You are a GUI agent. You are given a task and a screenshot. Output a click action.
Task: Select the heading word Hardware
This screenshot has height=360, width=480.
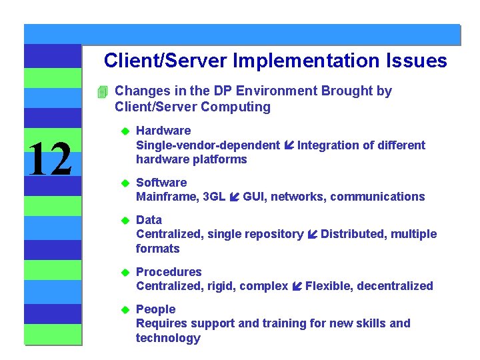click(163, 131)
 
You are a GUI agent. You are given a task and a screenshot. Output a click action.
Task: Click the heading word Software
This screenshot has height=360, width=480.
click(161, 183)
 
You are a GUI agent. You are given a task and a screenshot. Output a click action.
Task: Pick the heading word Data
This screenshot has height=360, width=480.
click(149, 220)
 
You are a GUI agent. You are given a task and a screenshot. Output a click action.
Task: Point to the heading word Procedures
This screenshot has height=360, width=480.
click(169, 272)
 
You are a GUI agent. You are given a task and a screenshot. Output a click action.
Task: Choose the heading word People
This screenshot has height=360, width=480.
click(155, 309)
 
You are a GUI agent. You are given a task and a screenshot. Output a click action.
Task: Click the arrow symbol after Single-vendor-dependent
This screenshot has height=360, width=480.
click(289, 145)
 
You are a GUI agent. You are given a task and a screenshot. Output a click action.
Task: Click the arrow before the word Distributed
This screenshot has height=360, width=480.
click(312, 235)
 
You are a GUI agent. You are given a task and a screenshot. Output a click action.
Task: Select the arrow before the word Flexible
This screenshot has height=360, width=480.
click(297, 287)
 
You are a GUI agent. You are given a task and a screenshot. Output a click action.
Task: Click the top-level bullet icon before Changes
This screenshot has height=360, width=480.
click(102, 92)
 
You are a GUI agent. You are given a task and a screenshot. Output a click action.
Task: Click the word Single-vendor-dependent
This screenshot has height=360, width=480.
click(208, 145)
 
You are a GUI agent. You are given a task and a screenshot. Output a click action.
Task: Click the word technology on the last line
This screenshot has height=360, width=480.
click(168, 339)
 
